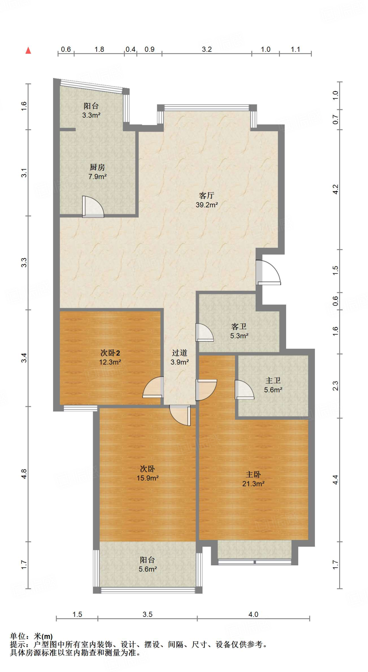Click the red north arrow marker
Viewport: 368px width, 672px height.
tap(29, 50)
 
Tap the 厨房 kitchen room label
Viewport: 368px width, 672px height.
tap(97, 167)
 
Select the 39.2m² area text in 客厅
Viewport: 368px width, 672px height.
tap(207, 205)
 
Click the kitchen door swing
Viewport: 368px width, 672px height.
tap(93, 207)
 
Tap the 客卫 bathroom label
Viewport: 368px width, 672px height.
tap(239, 326)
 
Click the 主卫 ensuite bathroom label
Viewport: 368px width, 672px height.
tap(273, 380)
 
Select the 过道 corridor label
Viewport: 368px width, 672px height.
tap(180, 353)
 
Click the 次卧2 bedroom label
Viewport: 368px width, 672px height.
tap(110, 353)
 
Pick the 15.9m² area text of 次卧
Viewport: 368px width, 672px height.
tap(147, 478)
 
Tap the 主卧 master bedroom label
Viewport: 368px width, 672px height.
tap(253, 474)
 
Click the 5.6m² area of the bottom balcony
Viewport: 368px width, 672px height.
tap(147, 569)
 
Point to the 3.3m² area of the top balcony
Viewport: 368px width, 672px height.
tap(91, 115)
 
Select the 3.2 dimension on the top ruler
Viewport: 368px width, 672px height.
tap(207, 49)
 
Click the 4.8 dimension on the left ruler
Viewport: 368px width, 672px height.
tap(24, 474)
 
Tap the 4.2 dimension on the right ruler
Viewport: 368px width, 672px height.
tap(335, 189)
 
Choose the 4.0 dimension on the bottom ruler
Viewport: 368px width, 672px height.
tap(253, 614)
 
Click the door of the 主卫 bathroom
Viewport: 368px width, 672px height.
tap(244, 389)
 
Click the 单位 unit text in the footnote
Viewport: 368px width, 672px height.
tap(17, 636)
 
